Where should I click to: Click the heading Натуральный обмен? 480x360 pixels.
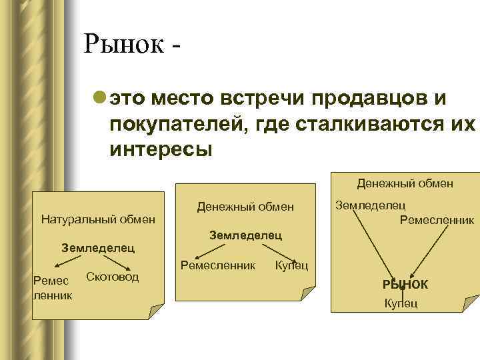pos(98,219)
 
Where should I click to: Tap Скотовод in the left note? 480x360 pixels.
pos(113,277)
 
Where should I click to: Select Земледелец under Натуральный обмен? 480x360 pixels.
pos(98,248)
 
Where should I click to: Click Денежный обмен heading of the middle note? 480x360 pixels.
pos(245,207)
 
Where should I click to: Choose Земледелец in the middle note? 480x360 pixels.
pos(246,235)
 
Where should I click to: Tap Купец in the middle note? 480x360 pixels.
pos(291,266)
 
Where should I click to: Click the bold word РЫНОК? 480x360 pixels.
pos(405,285)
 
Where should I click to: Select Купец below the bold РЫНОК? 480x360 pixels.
pos(401,304)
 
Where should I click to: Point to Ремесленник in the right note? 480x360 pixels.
pos(437,219)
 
